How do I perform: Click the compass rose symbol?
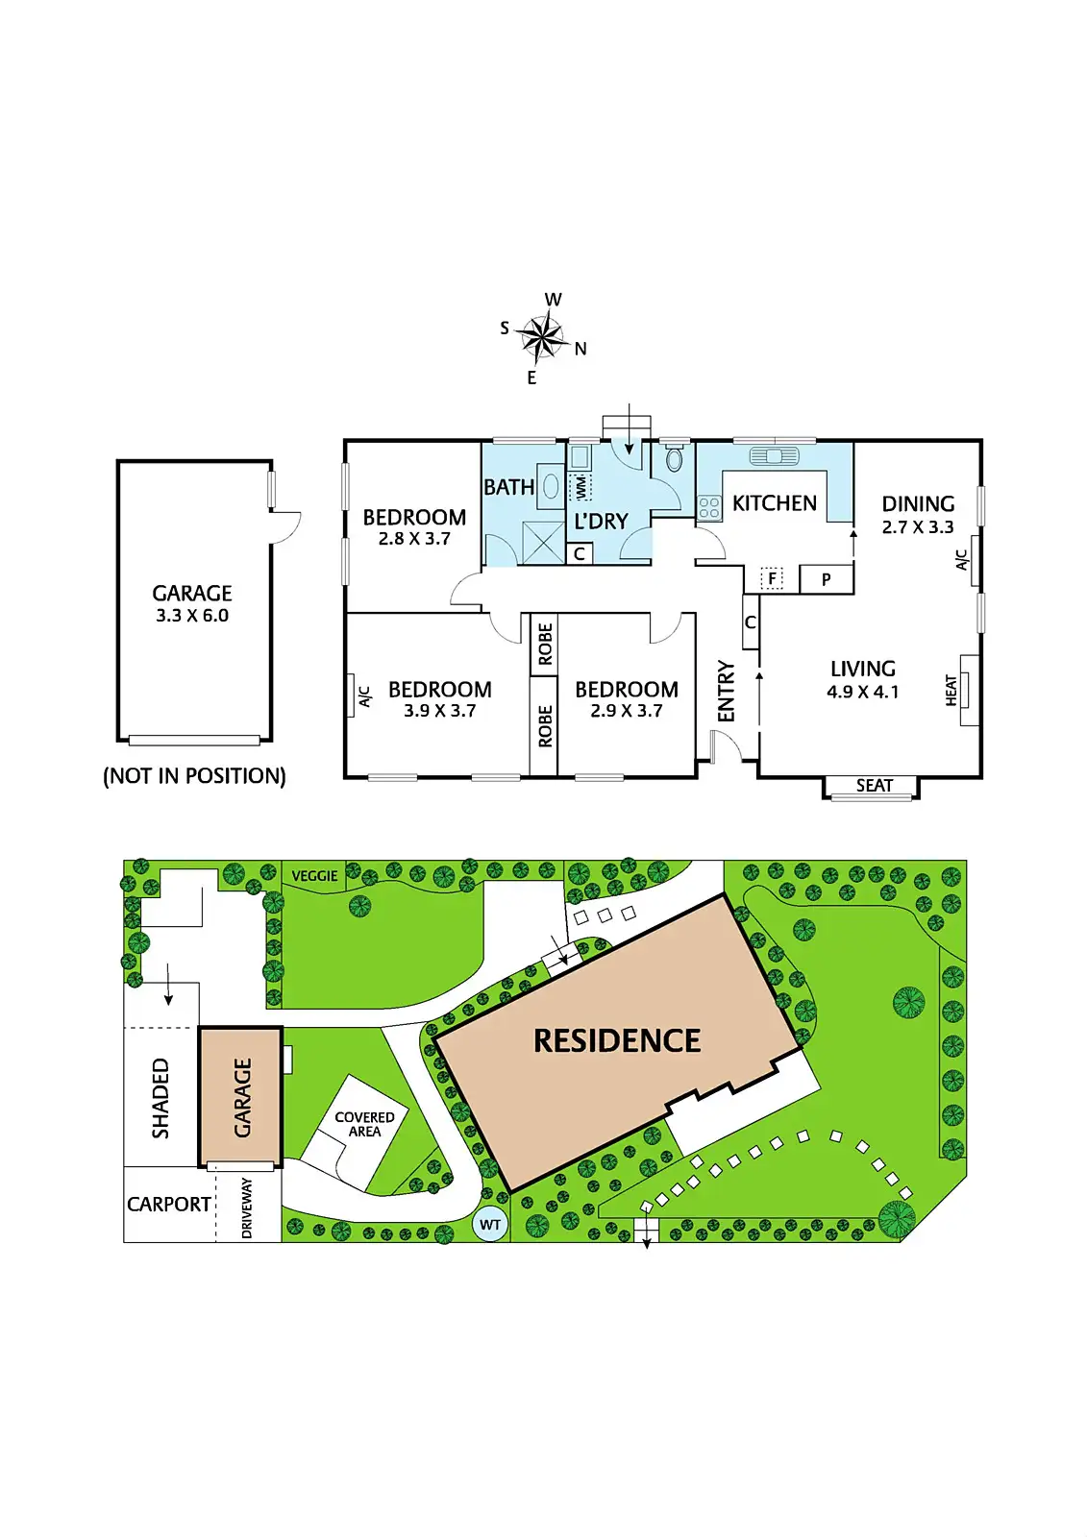point(544,337)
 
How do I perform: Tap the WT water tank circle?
point(490,1225)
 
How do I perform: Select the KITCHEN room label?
point(774,503)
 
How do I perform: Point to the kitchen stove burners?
point(709,507)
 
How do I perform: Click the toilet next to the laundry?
point(674,459)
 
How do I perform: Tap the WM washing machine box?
point(581,487)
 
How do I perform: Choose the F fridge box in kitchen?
point(772,578)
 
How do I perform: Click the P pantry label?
point(826,579)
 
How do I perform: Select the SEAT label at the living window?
point(874,786)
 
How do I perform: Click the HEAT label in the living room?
point(951,690)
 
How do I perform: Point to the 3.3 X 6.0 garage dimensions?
point(192,616)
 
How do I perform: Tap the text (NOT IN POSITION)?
point(194,776)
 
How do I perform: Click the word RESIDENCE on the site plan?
point(617,1040)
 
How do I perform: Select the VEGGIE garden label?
point(314,876)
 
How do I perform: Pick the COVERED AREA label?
point(364,1124)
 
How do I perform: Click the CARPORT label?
point(169,1205)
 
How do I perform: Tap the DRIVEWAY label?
point(247,1208)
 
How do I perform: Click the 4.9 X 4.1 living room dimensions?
point(862,692)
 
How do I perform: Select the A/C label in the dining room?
point(962,560)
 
